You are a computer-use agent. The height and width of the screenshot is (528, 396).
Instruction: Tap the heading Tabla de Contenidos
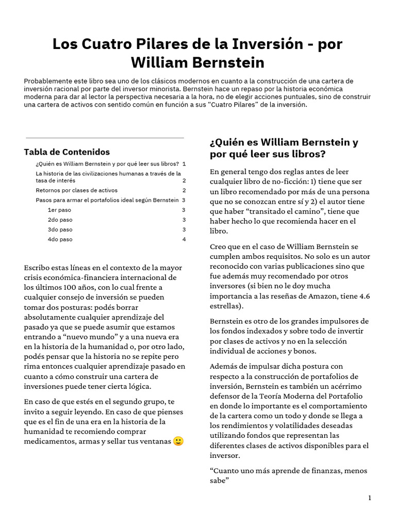(x=67, y=152)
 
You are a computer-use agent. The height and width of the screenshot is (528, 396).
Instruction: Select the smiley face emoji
(x=178, y=441)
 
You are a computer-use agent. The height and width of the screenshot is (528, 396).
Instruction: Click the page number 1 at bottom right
(x=370, y=498)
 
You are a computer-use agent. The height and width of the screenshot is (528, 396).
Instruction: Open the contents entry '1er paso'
(x=59, y=210)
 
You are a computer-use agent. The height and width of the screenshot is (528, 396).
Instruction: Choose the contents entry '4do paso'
(x=60, y=239)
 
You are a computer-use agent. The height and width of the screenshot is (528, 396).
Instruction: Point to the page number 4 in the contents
(x=184, y=239)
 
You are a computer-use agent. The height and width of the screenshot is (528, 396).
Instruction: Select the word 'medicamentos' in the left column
(x=48, y=441)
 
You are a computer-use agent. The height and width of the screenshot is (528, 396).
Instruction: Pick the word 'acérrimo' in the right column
(x=342, y=386)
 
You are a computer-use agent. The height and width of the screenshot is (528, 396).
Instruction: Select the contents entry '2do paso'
(x=60, y=220)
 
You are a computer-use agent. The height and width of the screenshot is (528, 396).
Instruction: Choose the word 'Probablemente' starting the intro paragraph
(x=47, y=81)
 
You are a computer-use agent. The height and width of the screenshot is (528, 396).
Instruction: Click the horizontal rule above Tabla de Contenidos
(x=105, y=138)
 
